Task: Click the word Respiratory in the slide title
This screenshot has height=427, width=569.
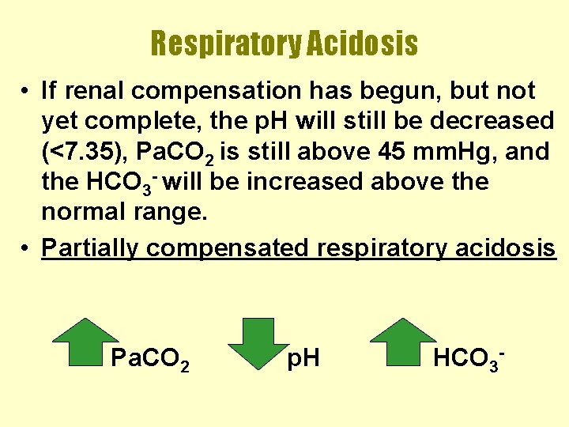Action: pyautogui.click(x=224, y=43)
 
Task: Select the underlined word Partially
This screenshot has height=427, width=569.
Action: pyautogui.click(x=91, y=248)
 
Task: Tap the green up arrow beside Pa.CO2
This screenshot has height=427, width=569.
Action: pyautogui.click(x=84, y=344)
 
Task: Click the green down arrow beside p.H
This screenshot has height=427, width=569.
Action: pyautogui.click(x=259, y=344)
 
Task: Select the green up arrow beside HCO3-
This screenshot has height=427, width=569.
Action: pyautogui.click(x=403, y=344)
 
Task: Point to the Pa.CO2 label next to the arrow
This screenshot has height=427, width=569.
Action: pyautogui.click(x=149, y=360)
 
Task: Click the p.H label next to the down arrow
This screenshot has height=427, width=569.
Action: pyautogui.click(x=303, y=360)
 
